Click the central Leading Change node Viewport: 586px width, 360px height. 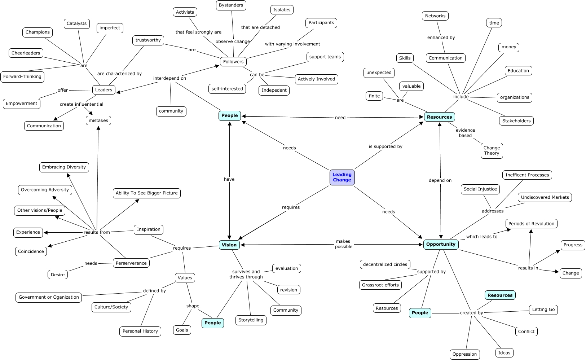[x=342, y=177]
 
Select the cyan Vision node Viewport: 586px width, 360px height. [x=229, y=245]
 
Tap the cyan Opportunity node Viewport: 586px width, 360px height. [x=441, y=244]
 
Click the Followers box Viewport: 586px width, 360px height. [x=233, y=62]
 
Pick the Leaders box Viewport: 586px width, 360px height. [x=103, y=90]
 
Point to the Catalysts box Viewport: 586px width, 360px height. [x=77, y=23]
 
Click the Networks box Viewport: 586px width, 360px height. [x=435, y=16]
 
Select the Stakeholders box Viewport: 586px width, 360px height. [x=516, y=121]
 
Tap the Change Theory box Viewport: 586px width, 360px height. [x=492, y=150]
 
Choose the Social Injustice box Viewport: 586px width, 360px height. [x=480, y=189]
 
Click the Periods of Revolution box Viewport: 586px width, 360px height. [x=531, y=224]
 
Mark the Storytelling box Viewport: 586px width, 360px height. [x=251, y=320]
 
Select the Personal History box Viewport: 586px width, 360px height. [x=140, y=331]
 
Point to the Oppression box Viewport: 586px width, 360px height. [x=464, y=354]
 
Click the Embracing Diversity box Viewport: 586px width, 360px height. [x=64, y=167]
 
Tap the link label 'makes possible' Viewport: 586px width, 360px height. [x=343, y=244]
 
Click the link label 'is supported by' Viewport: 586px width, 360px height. [x=385, y=146]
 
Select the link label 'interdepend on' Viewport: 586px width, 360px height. [x=169, y=78]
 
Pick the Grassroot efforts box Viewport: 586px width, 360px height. [x=380, y=285]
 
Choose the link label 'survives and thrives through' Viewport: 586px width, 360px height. [x=246, y=274]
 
